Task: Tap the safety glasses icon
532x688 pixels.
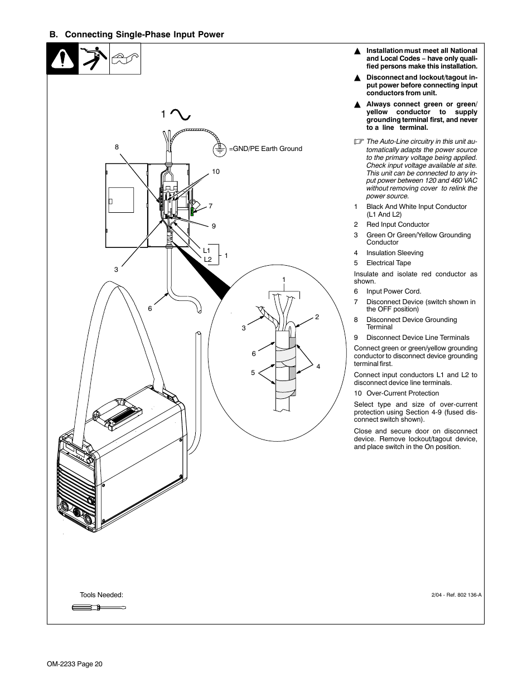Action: [x=125, y=58]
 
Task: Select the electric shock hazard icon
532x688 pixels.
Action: [x=94, y=59]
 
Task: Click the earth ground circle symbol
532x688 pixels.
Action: [x=220, y=149]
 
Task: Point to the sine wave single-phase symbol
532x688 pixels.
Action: [x=181, y=114]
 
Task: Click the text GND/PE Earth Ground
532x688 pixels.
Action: [x=267, y=149]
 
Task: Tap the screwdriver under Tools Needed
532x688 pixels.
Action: [x=99, y=607]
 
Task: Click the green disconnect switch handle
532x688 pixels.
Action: [x=193, y=211]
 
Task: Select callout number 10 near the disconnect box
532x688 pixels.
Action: [x=215, y=172]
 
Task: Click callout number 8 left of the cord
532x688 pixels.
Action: [x=117, y=147]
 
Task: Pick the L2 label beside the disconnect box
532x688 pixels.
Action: [x=207, y=260]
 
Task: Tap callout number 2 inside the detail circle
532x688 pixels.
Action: [x=317, y=317]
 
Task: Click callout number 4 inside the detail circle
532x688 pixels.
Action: [x=318, y=367]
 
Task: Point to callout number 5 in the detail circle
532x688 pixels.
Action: [x=253, y=373]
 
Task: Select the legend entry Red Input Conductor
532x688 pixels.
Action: [x=397, y=225]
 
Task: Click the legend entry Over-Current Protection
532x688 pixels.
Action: [x=402, y=393]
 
